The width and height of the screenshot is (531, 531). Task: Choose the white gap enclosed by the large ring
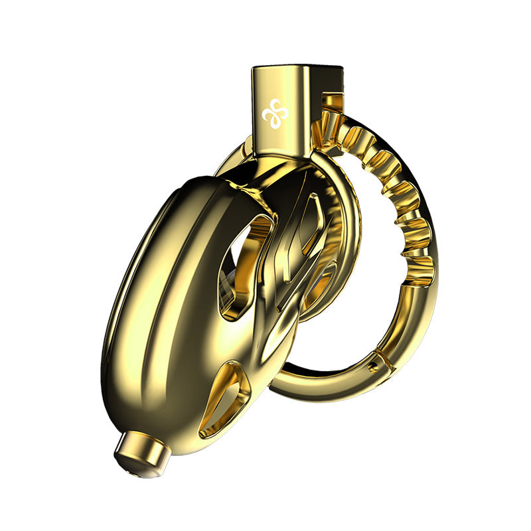click(372, 292)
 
